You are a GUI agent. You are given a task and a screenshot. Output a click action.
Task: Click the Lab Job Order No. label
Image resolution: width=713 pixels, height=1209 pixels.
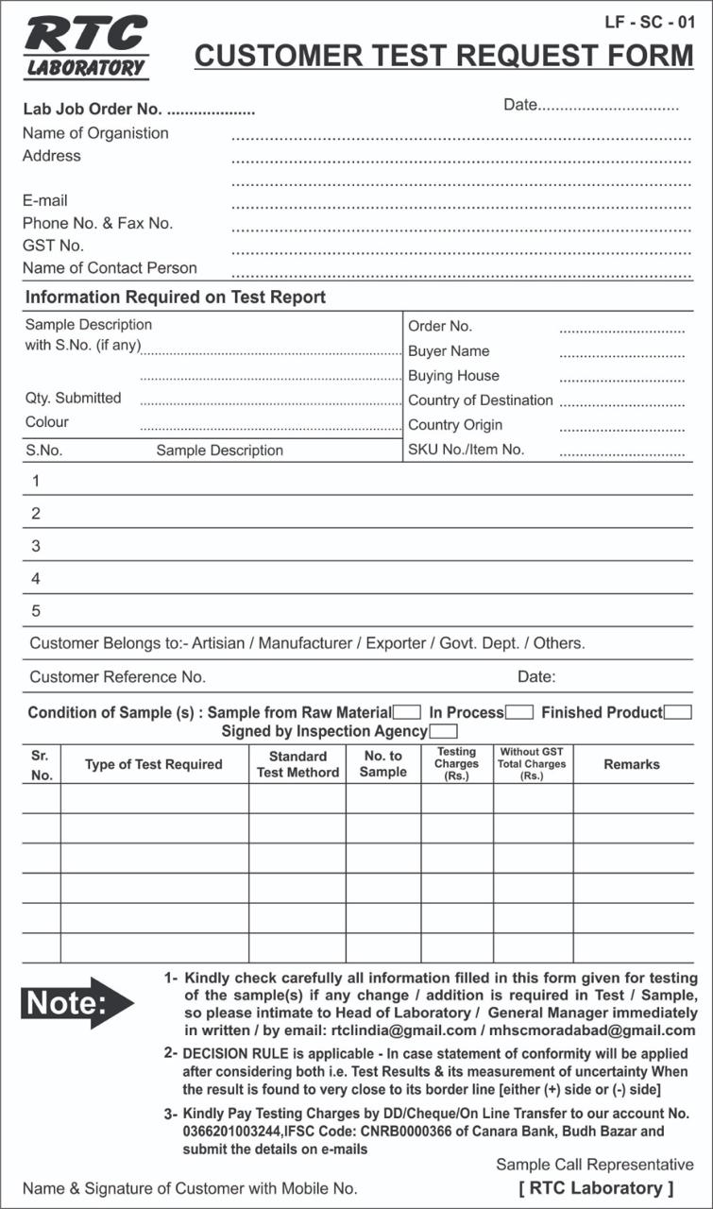pos(93,110)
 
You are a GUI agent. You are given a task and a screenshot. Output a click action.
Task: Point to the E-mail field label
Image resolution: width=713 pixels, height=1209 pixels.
pos(45,200)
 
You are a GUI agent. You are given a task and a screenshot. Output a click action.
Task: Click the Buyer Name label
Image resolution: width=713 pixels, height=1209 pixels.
pos(449,350)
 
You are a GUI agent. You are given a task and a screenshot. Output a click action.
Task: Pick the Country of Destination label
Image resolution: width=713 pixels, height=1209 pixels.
pos(480,400)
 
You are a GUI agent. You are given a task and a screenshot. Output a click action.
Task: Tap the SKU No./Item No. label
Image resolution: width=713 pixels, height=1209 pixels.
pos(466,450)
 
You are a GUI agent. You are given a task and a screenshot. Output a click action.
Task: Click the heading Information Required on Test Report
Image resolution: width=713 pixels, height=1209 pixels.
pos(176,298)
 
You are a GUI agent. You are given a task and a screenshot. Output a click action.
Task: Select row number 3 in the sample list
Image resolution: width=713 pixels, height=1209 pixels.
pos(36,546)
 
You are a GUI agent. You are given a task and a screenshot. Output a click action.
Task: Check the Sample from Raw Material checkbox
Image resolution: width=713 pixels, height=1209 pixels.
pos(407,712)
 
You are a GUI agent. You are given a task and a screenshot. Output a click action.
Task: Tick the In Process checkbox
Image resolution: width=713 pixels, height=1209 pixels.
pos(519,712)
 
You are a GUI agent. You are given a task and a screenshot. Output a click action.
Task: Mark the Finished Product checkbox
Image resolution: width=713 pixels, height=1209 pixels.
pos(678,712)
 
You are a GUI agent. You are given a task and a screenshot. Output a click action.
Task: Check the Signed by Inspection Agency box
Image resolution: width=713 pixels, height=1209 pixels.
pos(443,731)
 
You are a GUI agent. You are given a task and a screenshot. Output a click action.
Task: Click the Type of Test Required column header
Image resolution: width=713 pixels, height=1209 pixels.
pos(154,764)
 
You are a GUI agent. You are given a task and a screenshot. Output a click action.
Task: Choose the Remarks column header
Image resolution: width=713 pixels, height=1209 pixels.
pos(632,764)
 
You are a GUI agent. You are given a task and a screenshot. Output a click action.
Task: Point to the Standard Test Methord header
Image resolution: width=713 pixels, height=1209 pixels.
pos(297,764)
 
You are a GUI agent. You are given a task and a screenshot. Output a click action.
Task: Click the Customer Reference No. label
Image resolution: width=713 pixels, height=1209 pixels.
pos(118,676)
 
